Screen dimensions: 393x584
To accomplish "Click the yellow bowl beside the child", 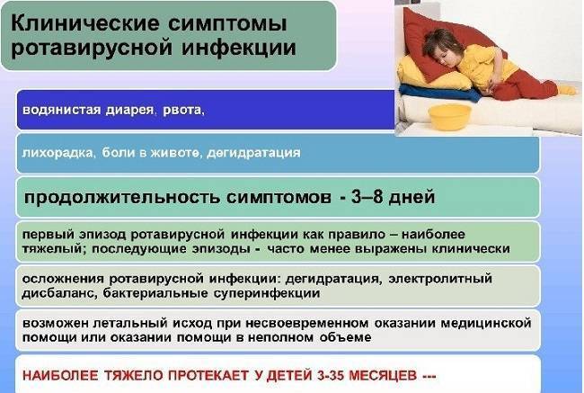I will pos(450,115).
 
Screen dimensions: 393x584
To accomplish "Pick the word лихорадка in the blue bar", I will pos(57,154).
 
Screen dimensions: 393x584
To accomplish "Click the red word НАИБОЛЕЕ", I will pos(63,375).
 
